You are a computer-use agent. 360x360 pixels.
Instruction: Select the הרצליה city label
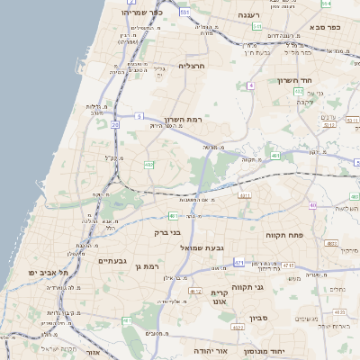click(193, 66)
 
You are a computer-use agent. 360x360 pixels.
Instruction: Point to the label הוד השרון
click(320, 81)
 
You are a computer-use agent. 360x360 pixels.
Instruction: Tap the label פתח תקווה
click(285, 234)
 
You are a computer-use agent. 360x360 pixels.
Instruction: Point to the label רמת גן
click(145, 266)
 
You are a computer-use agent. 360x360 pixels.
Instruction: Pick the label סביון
click(259, 319)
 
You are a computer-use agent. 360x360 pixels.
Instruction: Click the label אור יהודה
click(213, 350)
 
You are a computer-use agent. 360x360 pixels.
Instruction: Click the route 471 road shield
click(238, 263)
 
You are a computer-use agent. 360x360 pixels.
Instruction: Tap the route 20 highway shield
click(114, 125)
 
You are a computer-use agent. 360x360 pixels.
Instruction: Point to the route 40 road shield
click(311, 205)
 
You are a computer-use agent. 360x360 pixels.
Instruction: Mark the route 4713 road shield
click(288, 265)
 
